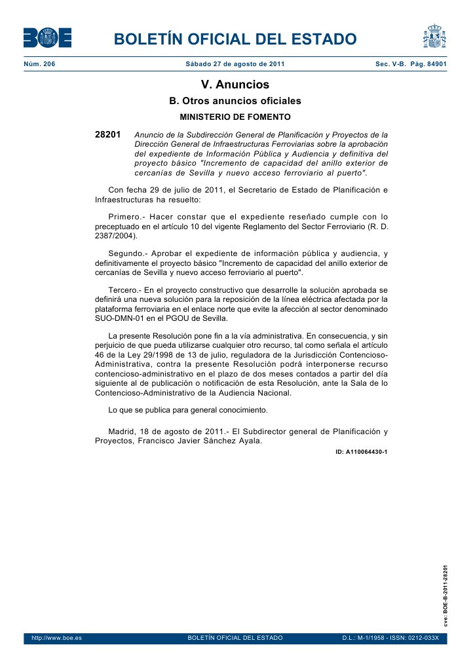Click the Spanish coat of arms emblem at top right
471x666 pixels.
click(x=434, y=37)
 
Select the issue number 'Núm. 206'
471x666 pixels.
click(x=39, y=64)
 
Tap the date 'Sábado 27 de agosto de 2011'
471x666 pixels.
click(x=235, y=64)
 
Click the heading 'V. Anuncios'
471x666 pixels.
click(x=235, y=85)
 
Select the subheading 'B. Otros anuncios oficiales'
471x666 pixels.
click(x=235, y=102)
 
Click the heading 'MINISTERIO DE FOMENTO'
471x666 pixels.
click(x=235, y=117)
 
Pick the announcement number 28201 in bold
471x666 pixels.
click(x=108, y=134)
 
